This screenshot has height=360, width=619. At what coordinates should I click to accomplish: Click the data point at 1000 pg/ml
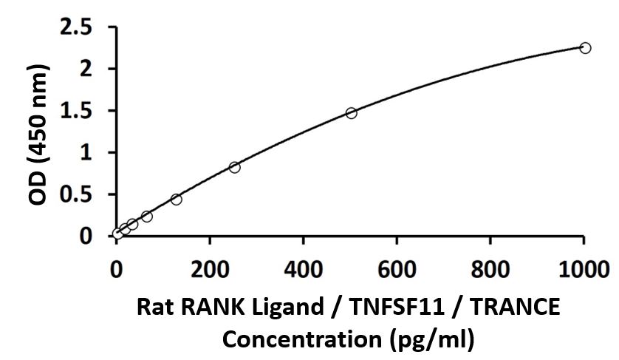585,48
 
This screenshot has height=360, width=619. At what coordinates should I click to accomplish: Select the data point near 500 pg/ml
351,113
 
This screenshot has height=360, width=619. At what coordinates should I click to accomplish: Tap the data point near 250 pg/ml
234,167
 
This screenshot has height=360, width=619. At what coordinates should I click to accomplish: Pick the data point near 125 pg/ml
176,200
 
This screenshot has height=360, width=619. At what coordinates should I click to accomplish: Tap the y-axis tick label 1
92,152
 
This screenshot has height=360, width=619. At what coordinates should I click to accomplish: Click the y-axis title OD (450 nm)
39,132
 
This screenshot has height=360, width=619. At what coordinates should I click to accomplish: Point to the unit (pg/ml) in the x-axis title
431,340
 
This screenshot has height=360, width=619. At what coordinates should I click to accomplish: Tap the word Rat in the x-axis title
152,306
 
